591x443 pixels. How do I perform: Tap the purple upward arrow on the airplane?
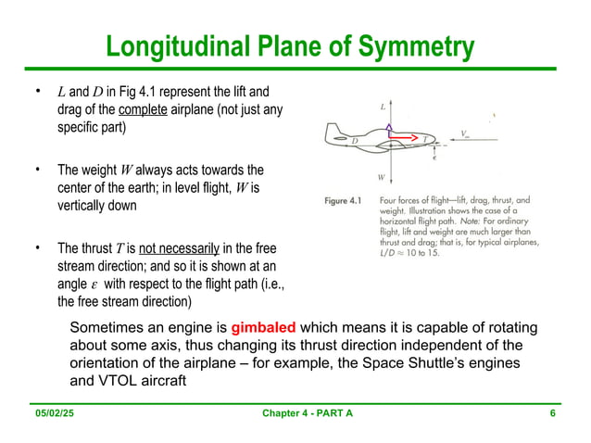(x=390, y=129)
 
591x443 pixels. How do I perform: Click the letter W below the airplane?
(x=381, y=176)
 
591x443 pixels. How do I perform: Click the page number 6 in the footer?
(x=552, y=425)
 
